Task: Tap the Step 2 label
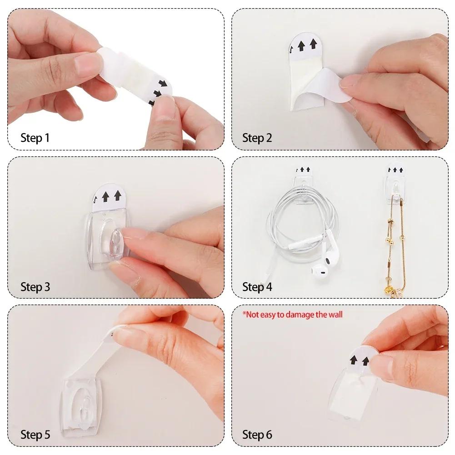[257, 138]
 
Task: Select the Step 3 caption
[35, 287]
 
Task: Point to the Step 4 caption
[257, 287]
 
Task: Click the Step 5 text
[35, 435]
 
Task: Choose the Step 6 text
[257, 435]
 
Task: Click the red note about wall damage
[292, 314]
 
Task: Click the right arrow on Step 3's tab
[118, 196]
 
